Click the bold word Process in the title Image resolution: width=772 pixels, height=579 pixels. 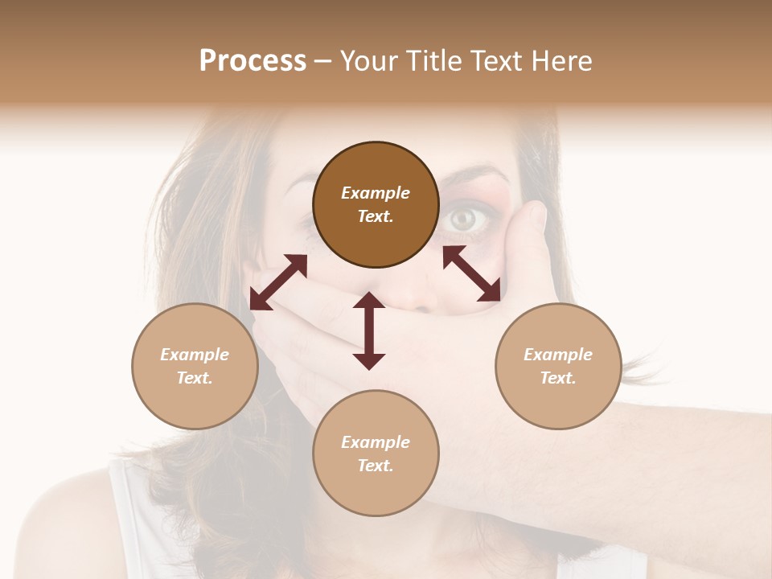[253, 61]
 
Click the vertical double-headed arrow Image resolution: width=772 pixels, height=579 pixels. [369, 331]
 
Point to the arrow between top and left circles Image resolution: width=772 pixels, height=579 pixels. [278, 282]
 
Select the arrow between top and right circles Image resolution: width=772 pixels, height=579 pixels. [472, 273]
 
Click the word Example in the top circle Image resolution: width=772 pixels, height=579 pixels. [376, 193]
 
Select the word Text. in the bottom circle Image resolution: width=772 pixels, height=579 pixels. [376, 466]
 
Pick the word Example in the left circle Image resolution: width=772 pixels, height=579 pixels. [195, 355]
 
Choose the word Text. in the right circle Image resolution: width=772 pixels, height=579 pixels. [558, 378]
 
